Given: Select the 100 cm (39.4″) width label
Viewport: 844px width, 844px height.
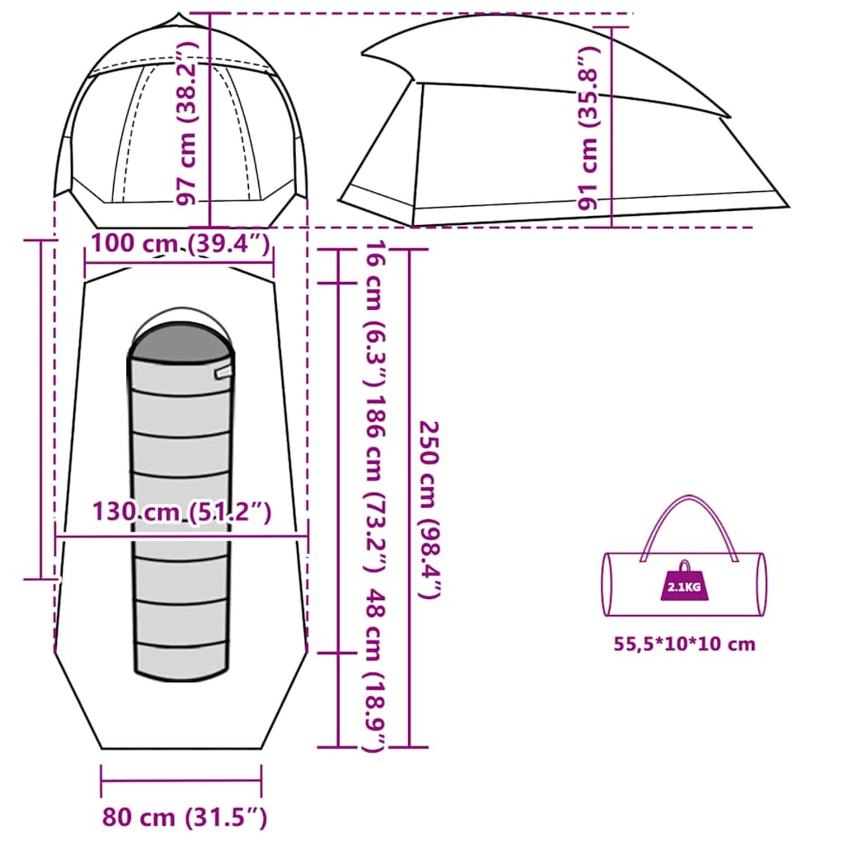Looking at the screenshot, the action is (180, 244).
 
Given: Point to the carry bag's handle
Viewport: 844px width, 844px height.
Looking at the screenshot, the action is (689, 529).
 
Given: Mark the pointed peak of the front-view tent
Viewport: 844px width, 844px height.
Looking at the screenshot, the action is (178, 14).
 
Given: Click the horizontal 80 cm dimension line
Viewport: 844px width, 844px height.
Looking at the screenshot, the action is (181, 781).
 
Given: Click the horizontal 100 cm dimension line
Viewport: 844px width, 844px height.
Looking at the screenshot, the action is (179, 263).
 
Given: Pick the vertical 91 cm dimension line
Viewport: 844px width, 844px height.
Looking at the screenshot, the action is (612, 127).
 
